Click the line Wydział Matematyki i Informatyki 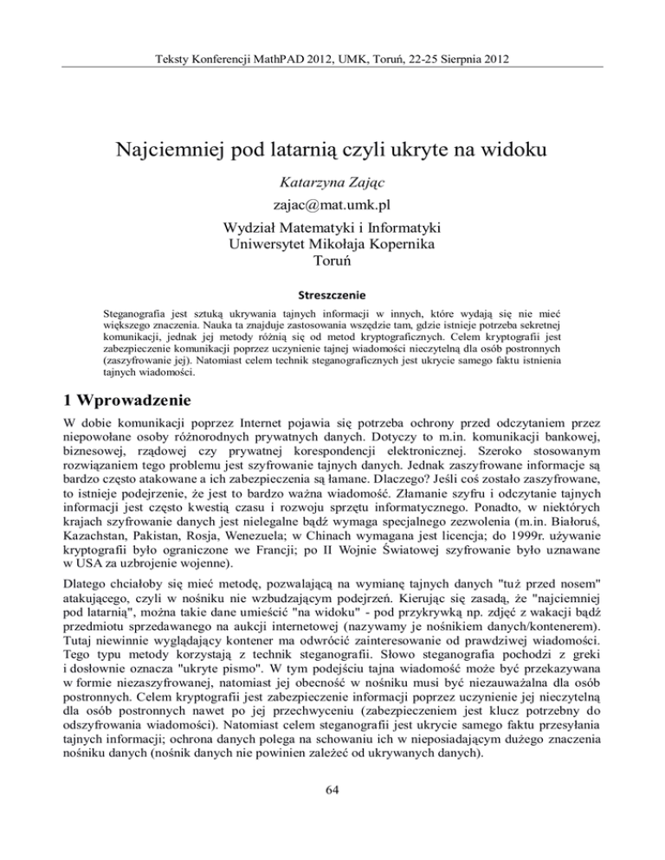(332, 228)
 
